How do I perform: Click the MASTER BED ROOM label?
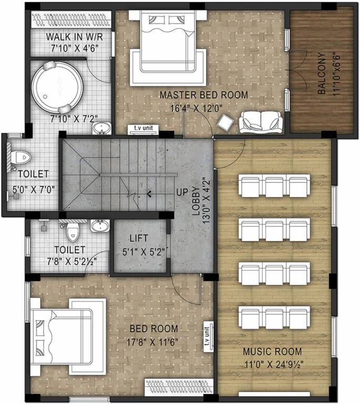(203, 95)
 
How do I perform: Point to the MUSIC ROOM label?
(272, 351)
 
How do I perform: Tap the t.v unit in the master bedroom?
(143, 128)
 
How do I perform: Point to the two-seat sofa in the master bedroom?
(261, 123)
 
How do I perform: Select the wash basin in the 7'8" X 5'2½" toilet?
(99, 226)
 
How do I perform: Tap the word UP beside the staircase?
(182, 192)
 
